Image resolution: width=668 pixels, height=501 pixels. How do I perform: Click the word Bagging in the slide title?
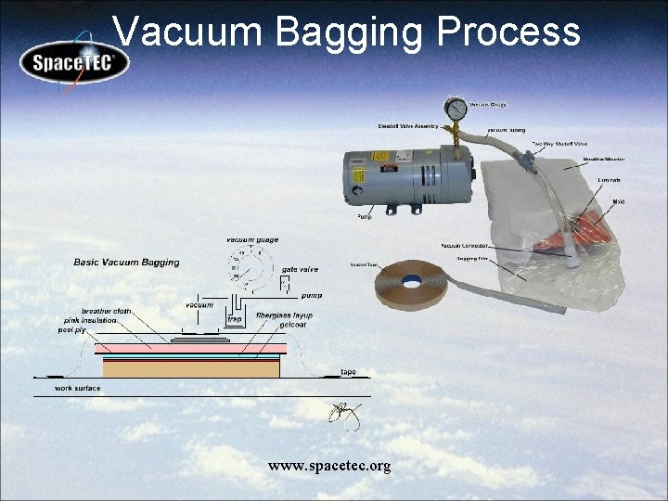click(352, 32)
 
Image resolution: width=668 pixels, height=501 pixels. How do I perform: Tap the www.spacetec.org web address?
click(329, 465)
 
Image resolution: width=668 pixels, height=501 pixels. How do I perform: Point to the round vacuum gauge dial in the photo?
click(456, 109)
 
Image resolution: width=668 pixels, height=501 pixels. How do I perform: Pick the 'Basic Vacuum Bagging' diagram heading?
click(126, 263)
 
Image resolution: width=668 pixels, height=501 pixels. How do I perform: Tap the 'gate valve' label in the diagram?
click(300, 269)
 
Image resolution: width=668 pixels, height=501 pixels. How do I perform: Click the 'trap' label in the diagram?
click(235, 318)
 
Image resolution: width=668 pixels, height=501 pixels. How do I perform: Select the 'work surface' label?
click(78, 388)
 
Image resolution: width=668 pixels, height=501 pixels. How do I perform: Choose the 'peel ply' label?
click(73, 329)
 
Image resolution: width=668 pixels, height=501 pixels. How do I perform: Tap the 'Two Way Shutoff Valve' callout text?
click(559, 144)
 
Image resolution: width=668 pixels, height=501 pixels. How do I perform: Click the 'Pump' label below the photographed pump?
click(365, 216)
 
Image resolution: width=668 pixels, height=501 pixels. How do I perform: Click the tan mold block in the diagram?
click(191, 368)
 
